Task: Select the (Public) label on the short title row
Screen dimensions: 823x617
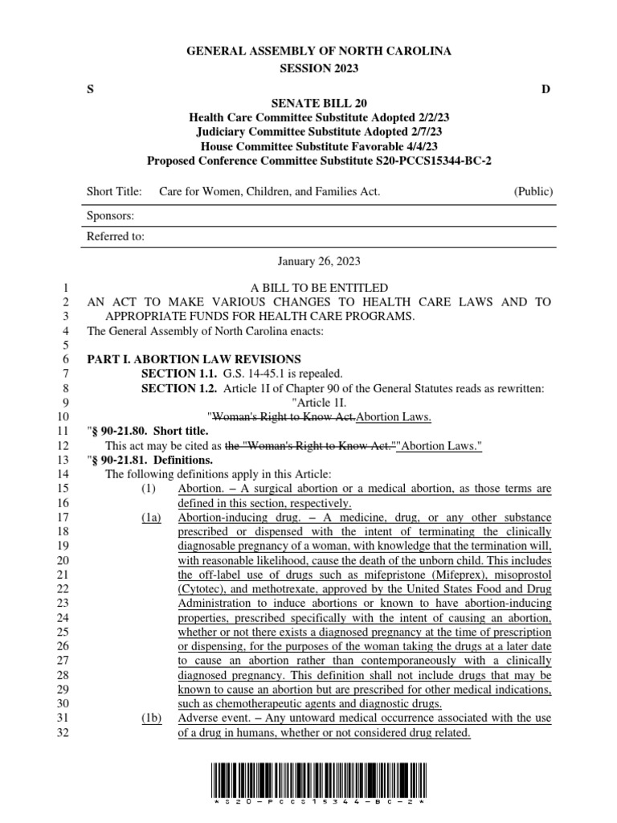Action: point(533,192)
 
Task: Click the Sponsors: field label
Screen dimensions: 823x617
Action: point(110,215)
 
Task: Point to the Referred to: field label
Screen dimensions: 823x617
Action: point(116,237)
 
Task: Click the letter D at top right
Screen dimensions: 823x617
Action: point(545,89)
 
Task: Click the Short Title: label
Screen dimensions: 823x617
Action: point(114,192)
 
